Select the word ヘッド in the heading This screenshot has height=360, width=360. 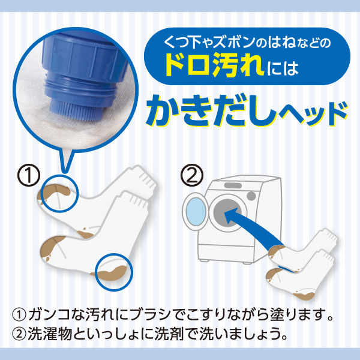(313, 114)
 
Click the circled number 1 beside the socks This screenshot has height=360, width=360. (29, 175)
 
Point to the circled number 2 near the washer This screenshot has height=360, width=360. (192, 175)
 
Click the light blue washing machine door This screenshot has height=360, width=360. (196, 211)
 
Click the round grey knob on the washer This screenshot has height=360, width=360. (251, 196)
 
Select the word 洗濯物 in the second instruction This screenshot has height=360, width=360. (49, 334)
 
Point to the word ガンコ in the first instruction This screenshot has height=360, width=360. (49, 314)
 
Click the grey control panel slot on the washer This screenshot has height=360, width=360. (233, 185)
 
